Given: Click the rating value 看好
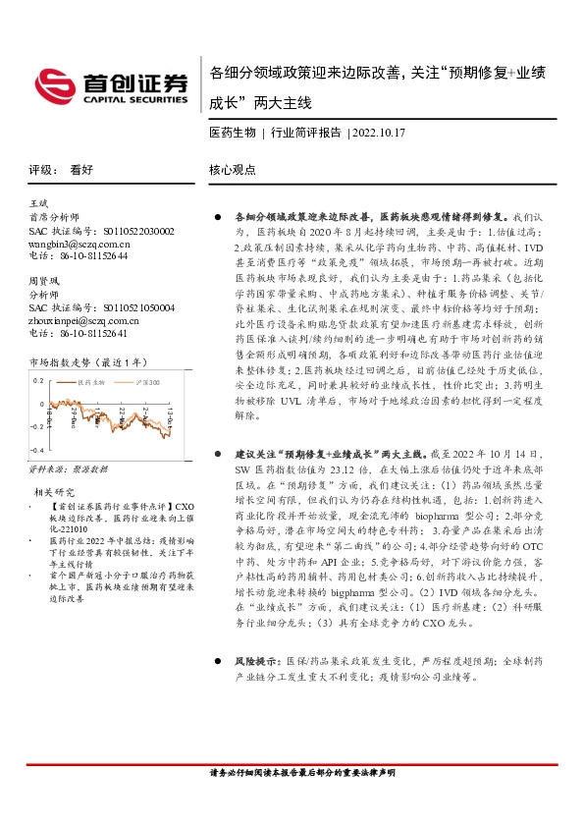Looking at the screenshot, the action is (81, 169).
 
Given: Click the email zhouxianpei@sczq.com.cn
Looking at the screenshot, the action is (85, 320).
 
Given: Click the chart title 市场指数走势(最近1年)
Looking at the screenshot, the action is (90, 361).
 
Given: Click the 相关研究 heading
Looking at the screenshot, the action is (54, 491).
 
